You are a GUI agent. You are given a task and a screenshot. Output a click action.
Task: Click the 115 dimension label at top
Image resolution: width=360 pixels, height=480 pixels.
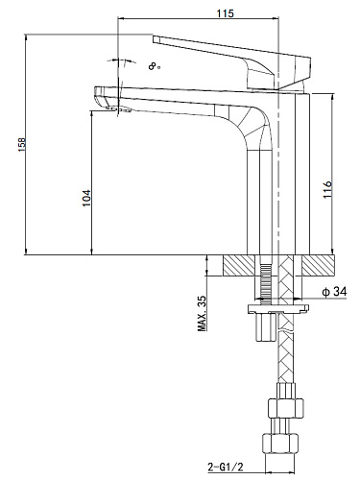(226, 13)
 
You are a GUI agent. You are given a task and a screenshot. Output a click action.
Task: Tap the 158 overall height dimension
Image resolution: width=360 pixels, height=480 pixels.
(22, 145)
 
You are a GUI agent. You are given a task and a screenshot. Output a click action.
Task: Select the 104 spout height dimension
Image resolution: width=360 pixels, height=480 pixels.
(86, 199)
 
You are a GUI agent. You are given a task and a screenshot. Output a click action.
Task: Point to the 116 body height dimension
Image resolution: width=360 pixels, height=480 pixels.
(327, 190)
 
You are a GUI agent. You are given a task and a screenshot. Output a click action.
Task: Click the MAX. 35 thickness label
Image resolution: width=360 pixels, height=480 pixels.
(203, 313)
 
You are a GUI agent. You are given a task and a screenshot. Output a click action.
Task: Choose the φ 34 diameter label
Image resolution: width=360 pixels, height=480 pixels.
(335, 292)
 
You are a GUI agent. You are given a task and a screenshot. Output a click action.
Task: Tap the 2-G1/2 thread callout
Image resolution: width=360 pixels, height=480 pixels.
(226, 468)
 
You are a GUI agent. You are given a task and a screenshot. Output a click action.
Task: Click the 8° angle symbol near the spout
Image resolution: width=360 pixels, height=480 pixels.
(154, 66)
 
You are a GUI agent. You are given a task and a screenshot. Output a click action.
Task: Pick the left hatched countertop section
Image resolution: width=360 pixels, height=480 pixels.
(239, 265)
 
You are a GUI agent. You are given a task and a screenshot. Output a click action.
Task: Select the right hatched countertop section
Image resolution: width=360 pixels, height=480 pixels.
(319, 265)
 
